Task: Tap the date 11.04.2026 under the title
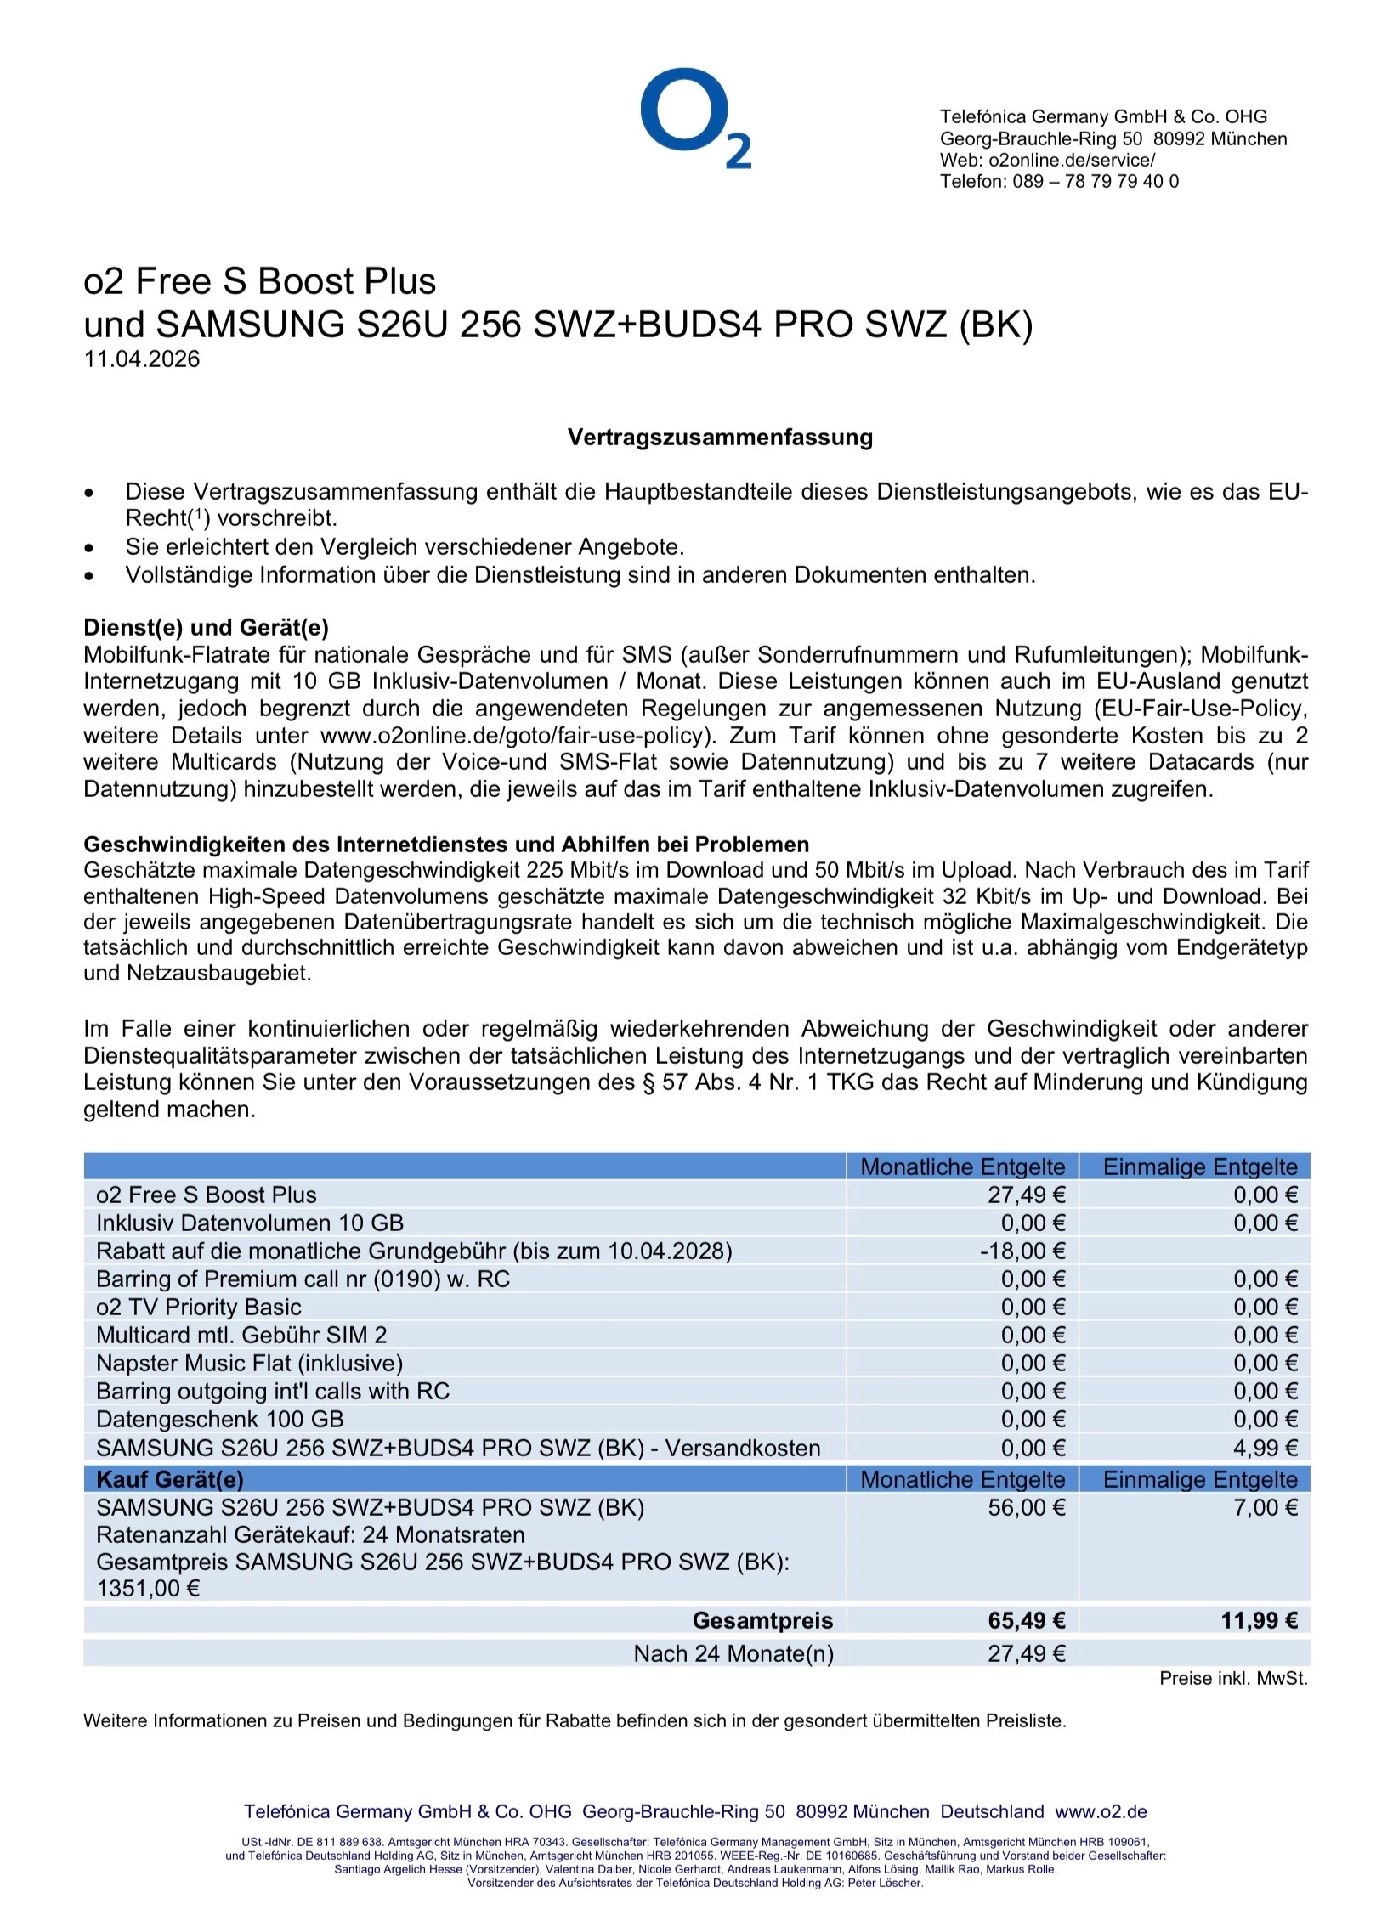[x=142, y=359]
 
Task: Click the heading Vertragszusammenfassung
[x=720, y=438]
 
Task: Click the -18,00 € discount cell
[x=1022, y=1251]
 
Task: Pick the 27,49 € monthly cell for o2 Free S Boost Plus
[x=1026, y=1195]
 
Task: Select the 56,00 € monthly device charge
[x=1026, y=1507]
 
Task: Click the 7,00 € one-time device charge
[x=1266, y=1507]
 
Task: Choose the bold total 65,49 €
[x=1026, y=1620]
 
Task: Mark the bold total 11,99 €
[x=1259, y=1620]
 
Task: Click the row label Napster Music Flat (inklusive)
[x=249, y=1363]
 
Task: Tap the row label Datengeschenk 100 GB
[x=220, y=1419]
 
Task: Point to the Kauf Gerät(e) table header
[x=170, y=1479]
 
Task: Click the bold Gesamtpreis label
[x=762, y=1620]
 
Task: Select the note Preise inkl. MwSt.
[x=1233, y=1678]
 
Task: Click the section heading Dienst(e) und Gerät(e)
[x=206, y=627]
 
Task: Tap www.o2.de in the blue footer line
[x=1101, y=1811]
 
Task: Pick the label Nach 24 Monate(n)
[x=733, y=1653]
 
